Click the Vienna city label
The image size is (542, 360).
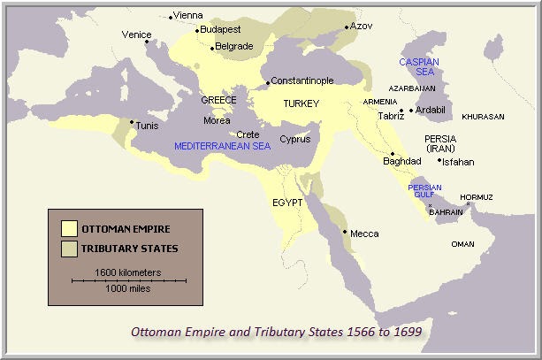click(x=188, y=15)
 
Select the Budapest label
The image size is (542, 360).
click(x=220, y=29)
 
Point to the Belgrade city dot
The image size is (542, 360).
click(x=212, y=47)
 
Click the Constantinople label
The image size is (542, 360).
click(x=302, y=80)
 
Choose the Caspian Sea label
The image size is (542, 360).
click(x=416, y=67)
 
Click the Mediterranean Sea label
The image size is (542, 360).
click(x=222, y=146)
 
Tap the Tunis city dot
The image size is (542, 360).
click(x=132, y=122)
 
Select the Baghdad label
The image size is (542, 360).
click(x=401, y=161)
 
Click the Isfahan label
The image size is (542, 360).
click(x=458, y=162)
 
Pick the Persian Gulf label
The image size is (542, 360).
click(x=424, y=192)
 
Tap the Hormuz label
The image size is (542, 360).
click(x=477, y=196)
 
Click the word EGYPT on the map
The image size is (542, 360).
click(x=286, y=203)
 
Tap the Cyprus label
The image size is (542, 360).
click(x=294, y=139)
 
